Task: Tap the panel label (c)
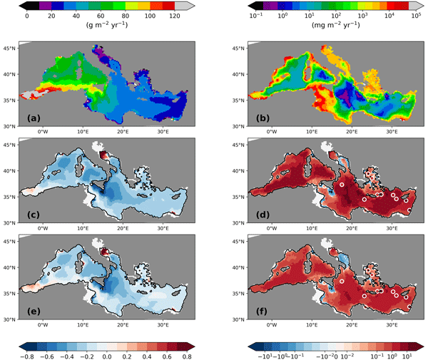34,213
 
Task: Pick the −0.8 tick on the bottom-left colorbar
28,354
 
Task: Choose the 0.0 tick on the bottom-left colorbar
106,354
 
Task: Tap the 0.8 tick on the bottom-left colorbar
184,354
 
